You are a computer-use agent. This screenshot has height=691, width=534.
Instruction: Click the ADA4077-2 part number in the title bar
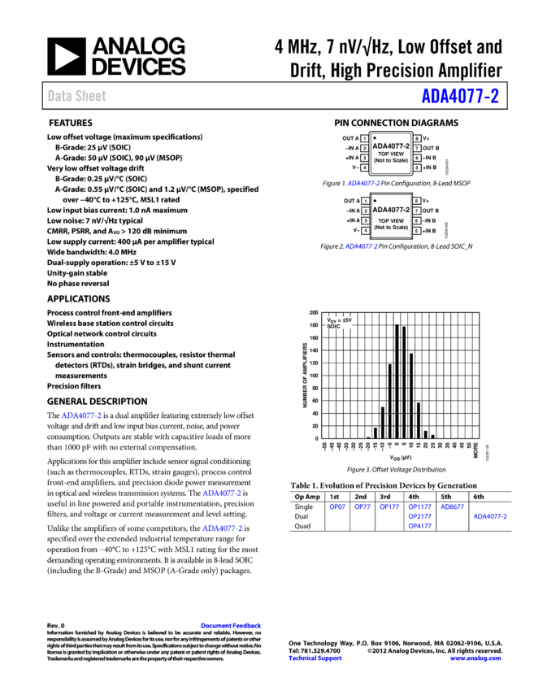tap(460, 97)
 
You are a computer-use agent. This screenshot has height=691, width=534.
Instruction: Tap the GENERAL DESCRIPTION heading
tap(97, 402)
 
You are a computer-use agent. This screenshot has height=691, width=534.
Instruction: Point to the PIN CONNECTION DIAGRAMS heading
tap(396, 124)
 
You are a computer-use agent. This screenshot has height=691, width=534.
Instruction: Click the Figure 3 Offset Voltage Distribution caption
tap(396, 469)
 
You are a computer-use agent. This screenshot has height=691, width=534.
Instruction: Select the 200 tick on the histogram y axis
tap(314, 312)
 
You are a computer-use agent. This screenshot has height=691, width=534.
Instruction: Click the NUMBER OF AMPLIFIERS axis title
tap(305, 375)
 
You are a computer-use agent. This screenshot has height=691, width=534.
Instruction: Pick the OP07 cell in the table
tap(336, 506)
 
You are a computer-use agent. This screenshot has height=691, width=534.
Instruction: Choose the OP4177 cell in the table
tap(419, 526)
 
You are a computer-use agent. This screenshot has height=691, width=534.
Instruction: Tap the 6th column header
tap(478, 496)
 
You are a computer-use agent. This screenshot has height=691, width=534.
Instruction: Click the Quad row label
tap(302, 526)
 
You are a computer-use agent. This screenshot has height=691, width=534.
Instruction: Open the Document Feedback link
tap(230, 626)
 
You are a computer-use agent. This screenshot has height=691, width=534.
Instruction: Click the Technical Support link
tap(315, 658)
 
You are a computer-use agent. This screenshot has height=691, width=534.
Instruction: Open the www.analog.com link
tap(475, 658)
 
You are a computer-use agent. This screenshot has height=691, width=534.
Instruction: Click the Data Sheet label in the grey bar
tap(76, 96)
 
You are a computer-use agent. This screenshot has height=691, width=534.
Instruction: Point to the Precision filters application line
tap(74, 386)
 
